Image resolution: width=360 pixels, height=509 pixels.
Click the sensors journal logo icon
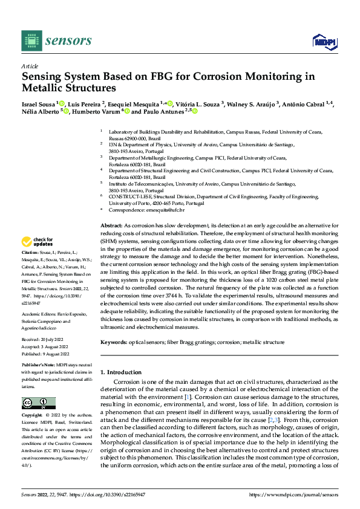[x=31, y=41]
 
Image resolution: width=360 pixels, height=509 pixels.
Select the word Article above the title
[x=30, y=66]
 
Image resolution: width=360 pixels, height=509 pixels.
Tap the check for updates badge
[x=39, y=240]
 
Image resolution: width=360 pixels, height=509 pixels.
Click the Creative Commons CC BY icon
[x=39, y=403]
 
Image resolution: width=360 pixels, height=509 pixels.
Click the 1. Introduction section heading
[x=121, y=372]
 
